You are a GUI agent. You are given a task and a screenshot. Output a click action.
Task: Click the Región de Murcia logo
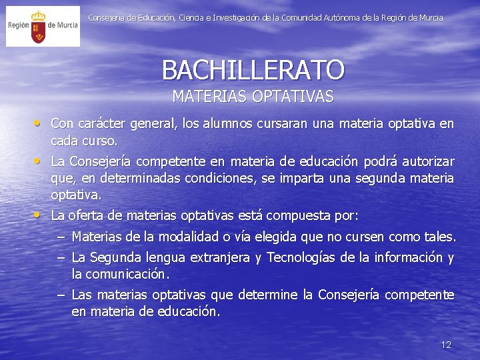[x=43, y=26]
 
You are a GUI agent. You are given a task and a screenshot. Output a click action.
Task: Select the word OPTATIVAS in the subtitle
[x=293, y=97]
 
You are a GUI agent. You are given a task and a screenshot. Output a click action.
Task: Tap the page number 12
[x=446, y=345]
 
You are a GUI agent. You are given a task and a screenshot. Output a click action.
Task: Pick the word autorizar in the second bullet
[x=427, y=162]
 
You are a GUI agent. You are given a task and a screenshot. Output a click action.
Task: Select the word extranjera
[x=221, y=258]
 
